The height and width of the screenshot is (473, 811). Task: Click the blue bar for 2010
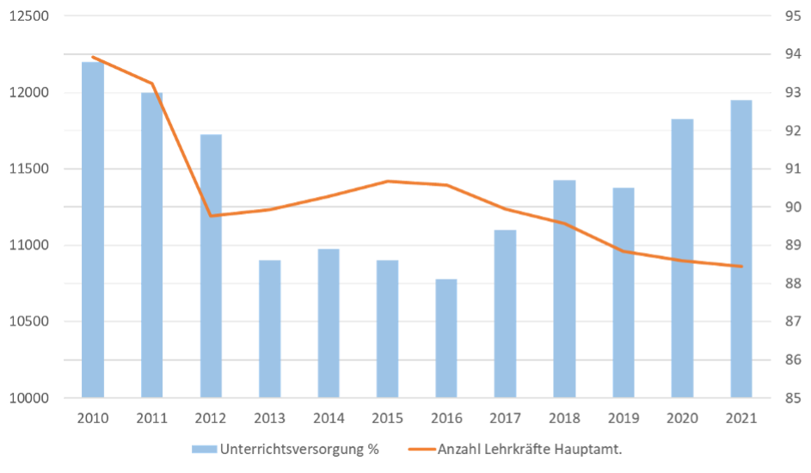click(93, 229)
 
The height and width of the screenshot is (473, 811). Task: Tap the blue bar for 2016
click(446, 338)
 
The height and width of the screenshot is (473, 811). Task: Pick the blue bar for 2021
click(740, 249)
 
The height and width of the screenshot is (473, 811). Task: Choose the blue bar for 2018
click(564, 289)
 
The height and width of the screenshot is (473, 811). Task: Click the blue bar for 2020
click(682, 258)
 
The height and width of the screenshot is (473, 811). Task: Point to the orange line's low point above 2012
click(212, 215)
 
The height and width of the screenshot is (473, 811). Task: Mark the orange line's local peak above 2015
click(388, 181)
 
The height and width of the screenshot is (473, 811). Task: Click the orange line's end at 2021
click(740, 267)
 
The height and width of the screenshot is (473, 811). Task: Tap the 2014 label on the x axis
click(329, 418)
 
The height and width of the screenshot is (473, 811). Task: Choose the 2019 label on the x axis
click(623, 418)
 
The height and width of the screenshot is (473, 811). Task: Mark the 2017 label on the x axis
click(505, 418)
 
